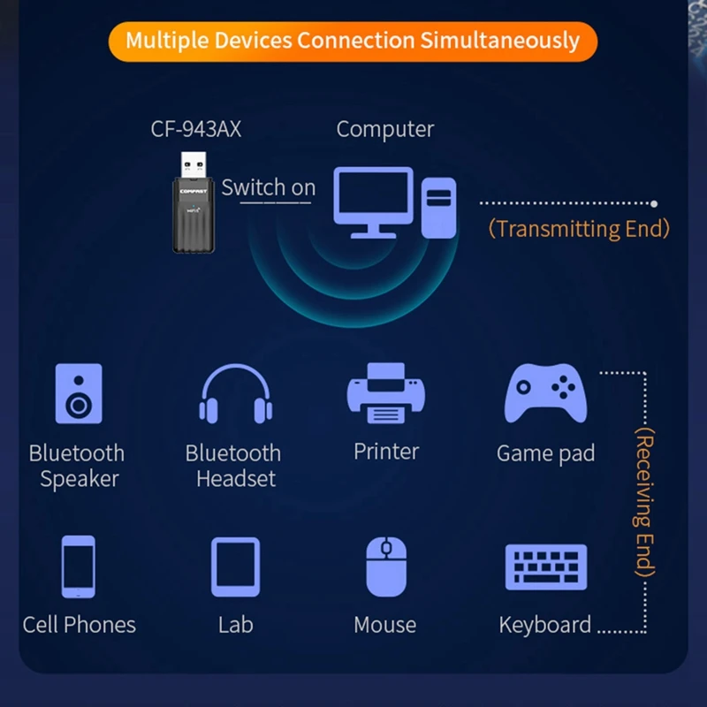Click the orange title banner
pos(353,41)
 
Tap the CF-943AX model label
pos(195,129)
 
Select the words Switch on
pos(268,187)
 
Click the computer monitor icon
pos(373,201)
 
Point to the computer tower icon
pos(438,207)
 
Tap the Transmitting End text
pos(579,229)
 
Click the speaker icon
pos(79,393)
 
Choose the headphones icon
pos(235,393)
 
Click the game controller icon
pos(545,393)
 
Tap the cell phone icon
pos(78,566)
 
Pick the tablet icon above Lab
pos(235,566)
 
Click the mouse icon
pos(385,566)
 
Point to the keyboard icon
pos(545,566)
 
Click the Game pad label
pos(545,454)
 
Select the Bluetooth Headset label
pos(233,466)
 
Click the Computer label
pos(385,129)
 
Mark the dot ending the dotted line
pos(654,203)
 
